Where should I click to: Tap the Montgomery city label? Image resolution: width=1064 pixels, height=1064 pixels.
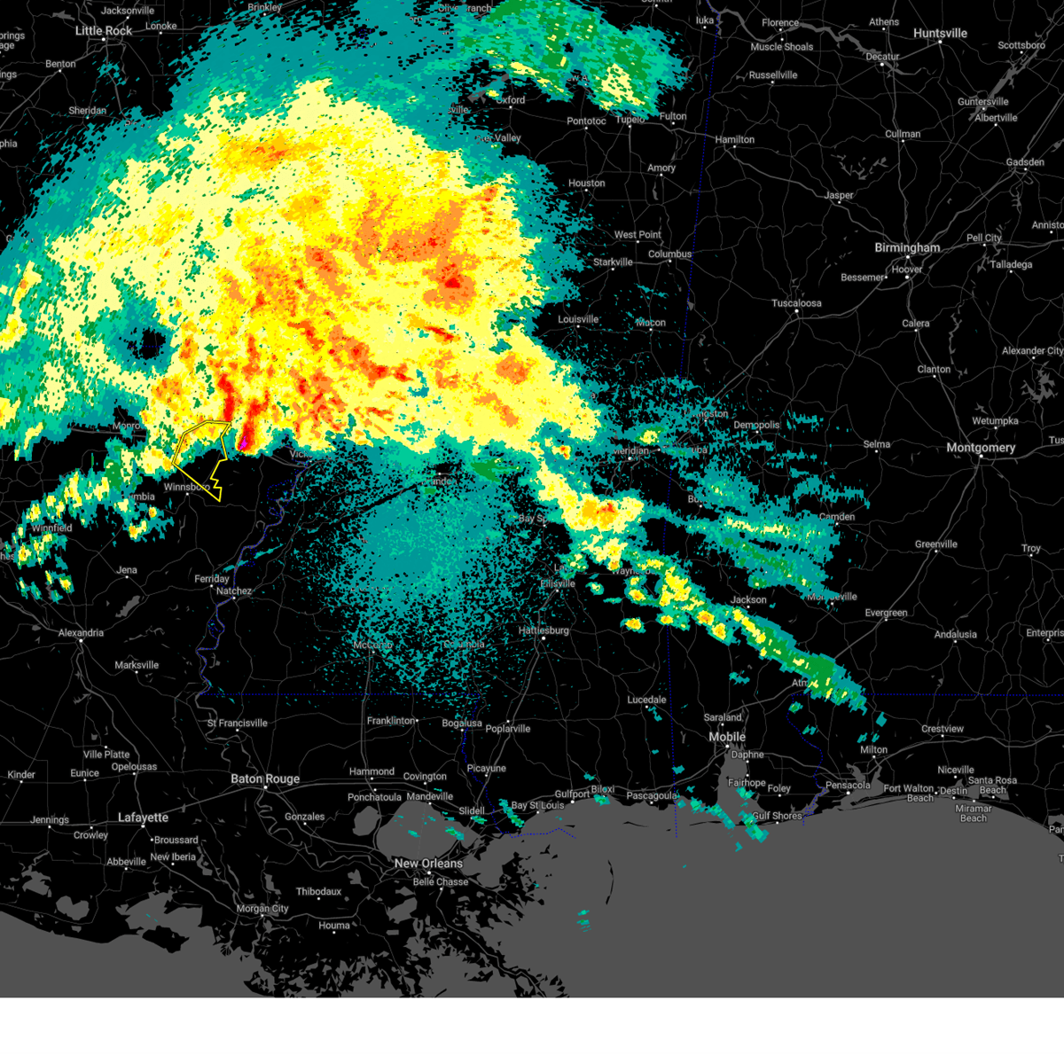(x=980, y=448)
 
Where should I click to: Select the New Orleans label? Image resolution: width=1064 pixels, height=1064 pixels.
(x=428, y=864)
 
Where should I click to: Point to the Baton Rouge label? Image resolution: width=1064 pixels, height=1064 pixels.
(x=265, y=779)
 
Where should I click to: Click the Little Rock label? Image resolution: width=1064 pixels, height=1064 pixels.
(x=104, y=31)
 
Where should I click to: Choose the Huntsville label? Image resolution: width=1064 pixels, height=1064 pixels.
(x=940, y=34)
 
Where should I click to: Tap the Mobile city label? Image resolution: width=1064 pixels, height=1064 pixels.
(x=727, y=738)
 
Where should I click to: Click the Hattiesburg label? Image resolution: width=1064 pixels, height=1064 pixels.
(x=544, y=630)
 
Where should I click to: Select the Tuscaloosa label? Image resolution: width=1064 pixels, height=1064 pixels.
(x=796, y=303)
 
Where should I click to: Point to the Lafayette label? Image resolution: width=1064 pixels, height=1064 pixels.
(x=143, y=818)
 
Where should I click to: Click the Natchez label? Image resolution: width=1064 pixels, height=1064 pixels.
(x=234, y=591)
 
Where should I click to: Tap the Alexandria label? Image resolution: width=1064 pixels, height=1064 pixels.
(x=81, y=633)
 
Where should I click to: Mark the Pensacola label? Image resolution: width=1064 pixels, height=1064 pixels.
(x=848, y=785)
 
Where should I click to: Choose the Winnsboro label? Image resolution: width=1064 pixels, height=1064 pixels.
(x=186, y=487)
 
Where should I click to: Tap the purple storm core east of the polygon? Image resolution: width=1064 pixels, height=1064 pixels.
(x=243, y=438)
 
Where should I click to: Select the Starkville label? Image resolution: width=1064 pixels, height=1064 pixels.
(x=613, y=262)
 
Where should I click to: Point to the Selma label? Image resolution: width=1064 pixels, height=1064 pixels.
(x=876, y=444)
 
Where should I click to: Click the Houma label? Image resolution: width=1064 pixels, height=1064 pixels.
(x=334, y=926)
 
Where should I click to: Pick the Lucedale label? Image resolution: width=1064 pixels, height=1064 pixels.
(x=646, y=700)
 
